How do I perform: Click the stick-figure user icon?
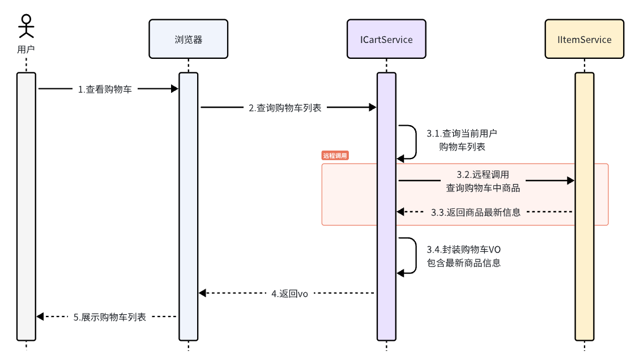(x=26, y=27)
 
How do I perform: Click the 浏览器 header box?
(x=188, y=39)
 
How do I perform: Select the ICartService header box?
(x=386, y=39)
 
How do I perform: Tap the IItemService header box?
(x=585, y=39)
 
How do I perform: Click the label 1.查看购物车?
(x=105, y=89)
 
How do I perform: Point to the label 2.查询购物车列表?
(x=285, y=108)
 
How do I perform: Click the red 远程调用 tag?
(x=335, y=156)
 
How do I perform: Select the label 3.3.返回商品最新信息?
(x=476, y=212)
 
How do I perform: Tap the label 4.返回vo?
(x=290, y=294)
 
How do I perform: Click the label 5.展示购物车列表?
(x=109, y=317)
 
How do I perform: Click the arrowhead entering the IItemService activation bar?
(x=570, y=181)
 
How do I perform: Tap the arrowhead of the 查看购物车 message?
(x=174, y=88)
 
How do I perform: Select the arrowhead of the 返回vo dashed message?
(x=202, y=293)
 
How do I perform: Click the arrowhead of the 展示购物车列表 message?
(x=40, y=316)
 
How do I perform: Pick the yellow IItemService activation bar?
(x=585, y=207)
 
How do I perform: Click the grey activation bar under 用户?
(x=26, y=207)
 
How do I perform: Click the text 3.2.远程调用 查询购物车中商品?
(x=483, y=181)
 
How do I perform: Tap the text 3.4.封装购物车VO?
(x=463, y=250)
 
